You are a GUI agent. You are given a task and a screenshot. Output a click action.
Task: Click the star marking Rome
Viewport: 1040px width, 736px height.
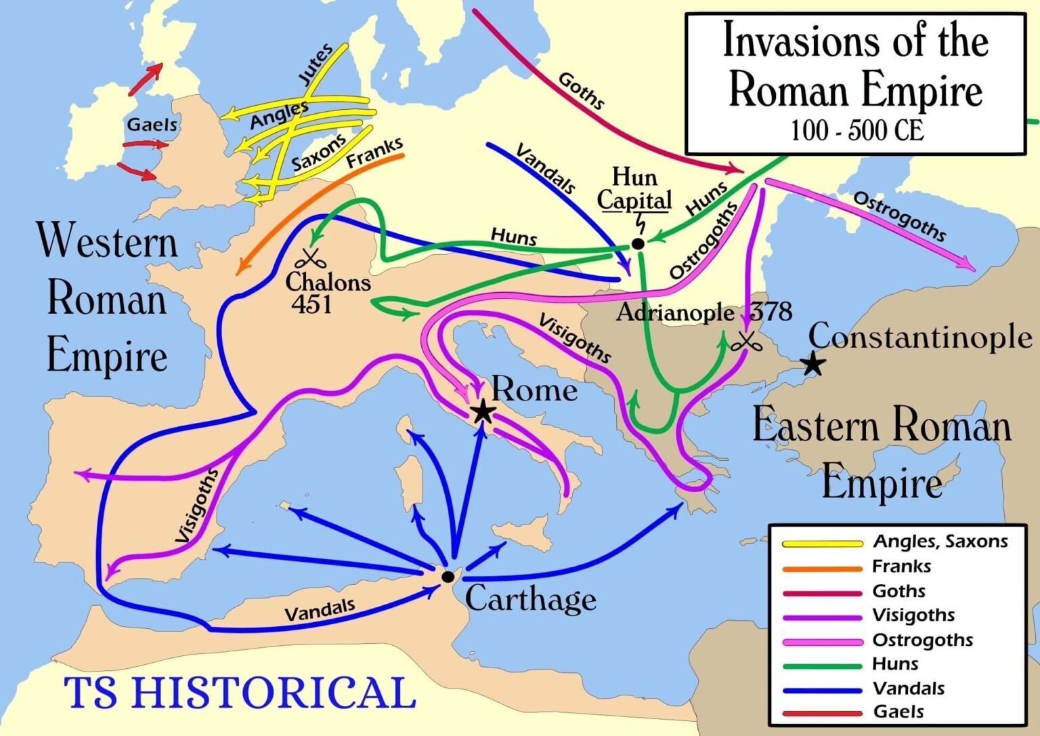tap(482, 411)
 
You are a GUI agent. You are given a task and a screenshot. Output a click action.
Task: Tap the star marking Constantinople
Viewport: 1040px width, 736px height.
tap(813, 365)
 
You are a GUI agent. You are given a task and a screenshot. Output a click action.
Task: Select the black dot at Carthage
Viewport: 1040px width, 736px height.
tap(448, 577)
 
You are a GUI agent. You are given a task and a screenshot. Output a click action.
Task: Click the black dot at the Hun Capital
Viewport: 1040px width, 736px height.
tap(637, 244)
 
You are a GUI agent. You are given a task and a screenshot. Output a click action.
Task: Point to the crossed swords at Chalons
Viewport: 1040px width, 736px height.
tap(310, 258)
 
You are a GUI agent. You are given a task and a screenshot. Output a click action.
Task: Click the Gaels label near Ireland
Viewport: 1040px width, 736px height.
tap(152, 125)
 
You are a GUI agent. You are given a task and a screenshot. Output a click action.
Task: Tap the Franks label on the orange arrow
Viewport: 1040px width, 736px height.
tap(374, 152)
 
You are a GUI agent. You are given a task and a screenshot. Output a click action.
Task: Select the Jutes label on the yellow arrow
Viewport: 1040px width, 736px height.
tap(316, 64)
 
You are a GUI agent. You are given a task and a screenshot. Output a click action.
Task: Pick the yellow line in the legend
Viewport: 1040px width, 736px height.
tap(822, 543)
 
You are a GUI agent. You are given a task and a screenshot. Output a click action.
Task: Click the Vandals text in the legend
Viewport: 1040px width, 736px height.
tap(909, 689)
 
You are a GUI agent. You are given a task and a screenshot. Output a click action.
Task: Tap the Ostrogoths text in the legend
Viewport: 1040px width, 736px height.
tap(922, 640)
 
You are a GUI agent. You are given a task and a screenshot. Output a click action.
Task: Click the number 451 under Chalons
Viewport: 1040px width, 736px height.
tap(311, 305)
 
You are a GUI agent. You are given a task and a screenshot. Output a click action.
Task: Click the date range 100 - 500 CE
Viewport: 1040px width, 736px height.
tap(857, 130)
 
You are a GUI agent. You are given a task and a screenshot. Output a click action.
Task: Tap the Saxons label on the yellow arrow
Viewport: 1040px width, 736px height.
tap(318, 154)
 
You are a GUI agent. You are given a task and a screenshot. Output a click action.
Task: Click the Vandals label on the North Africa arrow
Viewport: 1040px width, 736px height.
tap(320, 610)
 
